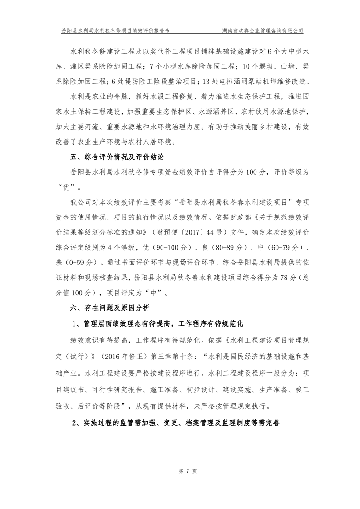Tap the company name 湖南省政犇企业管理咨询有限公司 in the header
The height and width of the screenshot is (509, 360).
coord(263,31)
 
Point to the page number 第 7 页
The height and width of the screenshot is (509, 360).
coord(180,472)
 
